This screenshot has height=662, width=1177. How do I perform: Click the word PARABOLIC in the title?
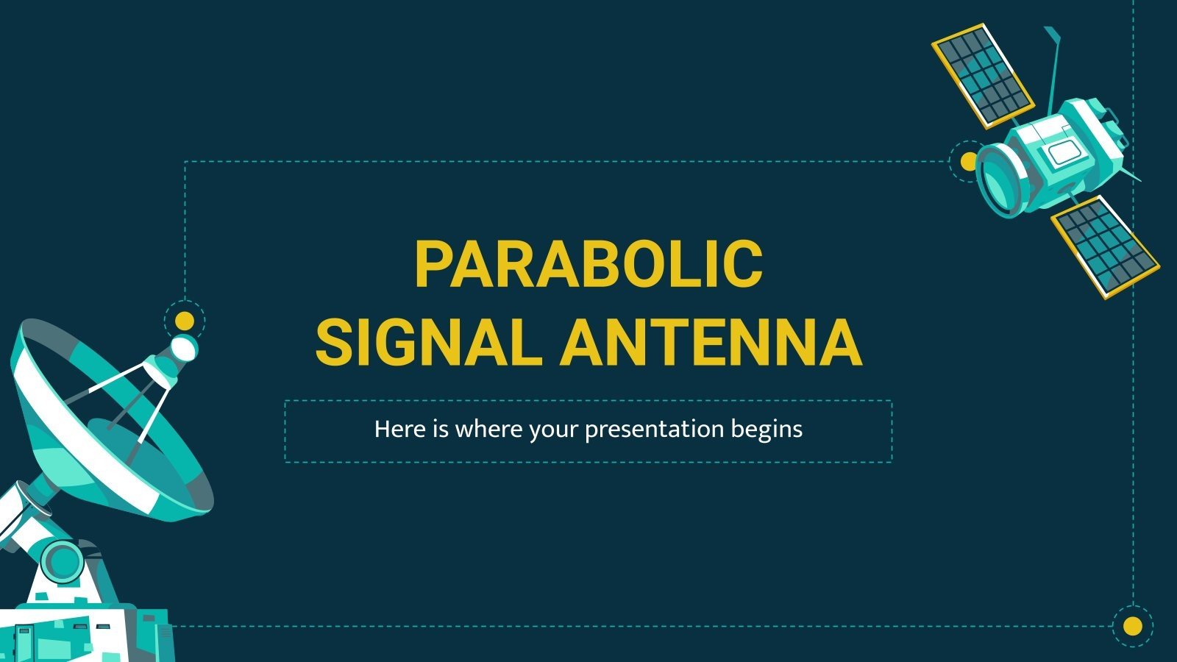[x=588, y=263]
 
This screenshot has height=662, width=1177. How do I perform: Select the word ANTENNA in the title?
[x=711, y=343]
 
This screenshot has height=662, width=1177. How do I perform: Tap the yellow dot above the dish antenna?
[x=184, y=321]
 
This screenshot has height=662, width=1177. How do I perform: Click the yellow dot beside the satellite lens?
[x=969, y=160]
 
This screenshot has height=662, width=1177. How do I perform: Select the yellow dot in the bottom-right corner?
[x=1133, y=626]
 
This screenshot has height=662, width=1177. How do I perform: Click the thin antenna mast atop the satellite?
[x=1056, y=66]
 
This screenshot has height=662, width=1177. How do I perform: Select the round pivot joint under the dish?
[x=63, y=560]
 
